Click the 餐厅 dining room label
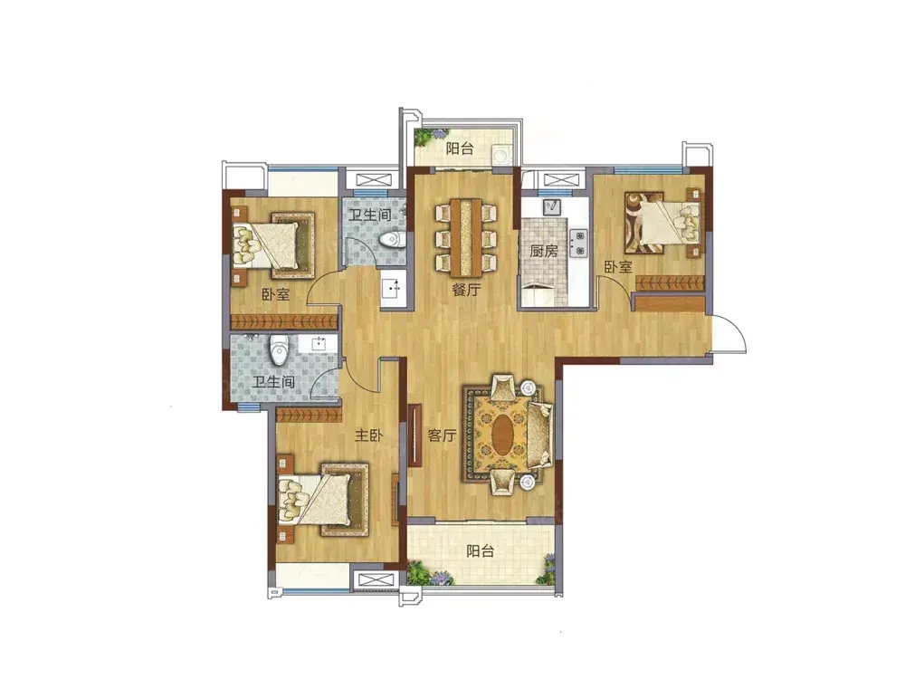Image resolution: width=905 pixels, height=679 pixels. (466, 290)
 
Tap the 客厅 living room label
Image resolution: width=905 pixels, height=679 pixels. (443, 435)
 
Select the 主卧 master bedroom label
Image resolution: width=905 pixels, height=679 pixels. (369, 435)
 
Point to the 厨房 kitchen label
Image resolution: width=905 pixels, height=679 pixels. (544, 251)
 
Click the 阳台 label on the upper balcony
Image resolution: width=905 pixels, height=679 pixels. (460, 148)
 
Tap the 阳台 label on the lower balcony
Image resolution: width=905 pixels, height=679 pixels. (481, 550)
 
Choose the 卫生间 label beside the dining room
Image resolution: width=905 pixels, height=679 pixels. (370, 215)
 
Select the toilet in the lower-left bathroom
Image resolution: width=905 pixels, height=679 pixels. (279, 349)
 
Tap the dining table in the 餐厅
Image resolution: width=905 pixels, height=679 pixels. (466, 237)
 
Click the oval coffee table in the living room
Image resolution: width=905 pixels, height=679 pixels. (503, 435)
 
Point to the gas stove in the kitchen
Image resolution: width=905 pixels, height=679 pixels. (578, 243)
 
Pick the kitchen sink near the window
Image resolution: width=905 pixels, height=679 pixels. (552, 206)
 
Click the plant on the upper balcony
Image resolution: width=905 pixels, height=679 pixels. (424, 137)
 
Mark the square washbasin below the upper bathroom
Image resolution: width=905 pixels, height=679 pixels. (393, 287)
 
